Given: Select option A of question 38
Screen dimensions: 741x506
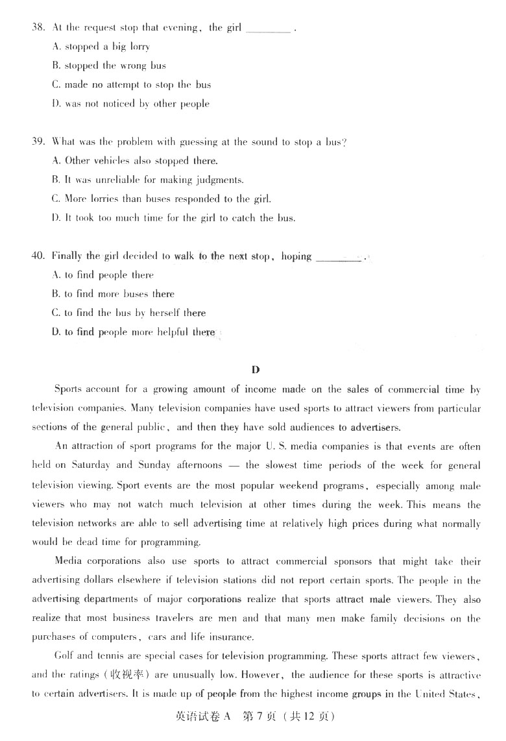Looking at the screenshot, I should tap(101, 47).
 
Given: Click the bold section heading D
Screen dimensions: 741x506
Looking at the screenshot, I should tap(255, 370).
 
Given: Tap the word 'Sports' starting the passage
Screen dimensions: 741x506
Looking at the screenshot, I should tap(68, 389).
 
